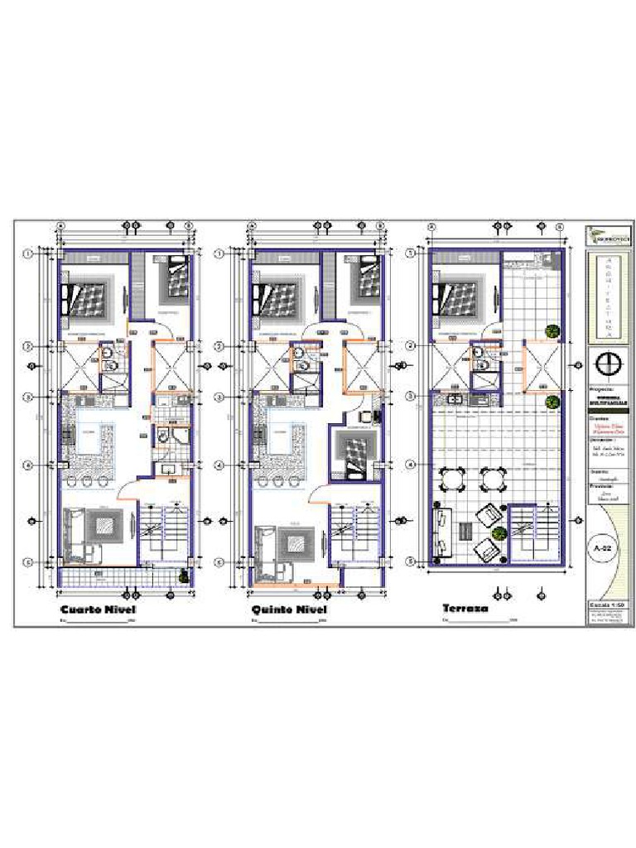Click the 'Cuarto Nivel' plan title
pos(98,610)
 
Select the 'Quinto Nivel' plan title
pos(289,610)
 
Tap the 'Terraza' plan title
pos(465,609)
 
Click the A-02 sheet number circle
pos(603,548)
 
